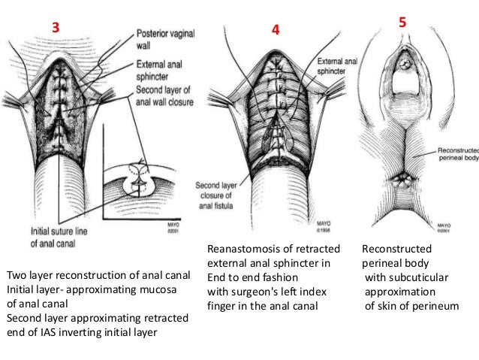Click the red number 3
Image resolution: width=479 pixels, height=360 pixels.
(x=55, y=28)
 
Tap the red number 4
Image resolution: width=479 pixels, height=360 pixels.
(x=276, y=30)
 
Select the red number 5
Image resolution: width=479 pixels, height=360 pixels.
(x=403, y=23)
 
